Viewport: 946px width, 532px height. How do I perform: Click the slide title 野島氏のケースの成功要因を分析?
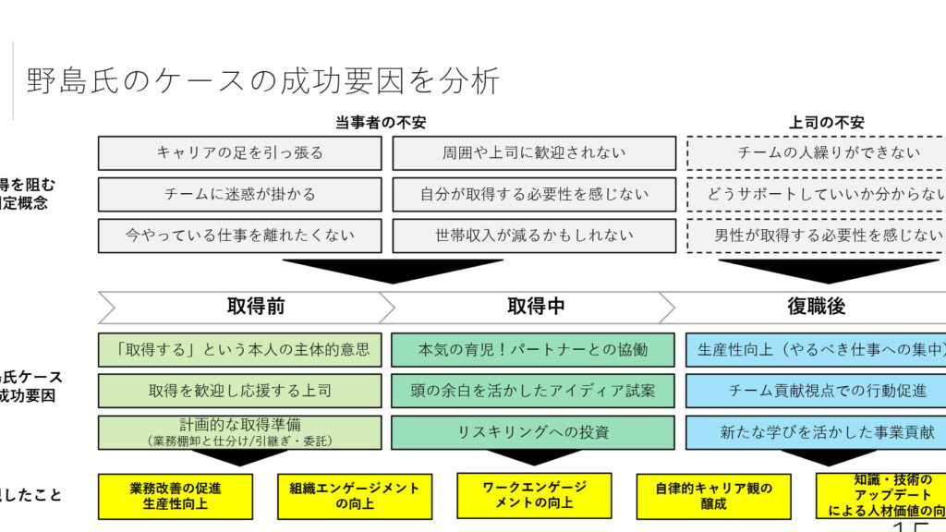(262, 81)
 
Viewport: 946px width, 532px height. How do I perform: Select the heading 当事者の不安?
(381, 123)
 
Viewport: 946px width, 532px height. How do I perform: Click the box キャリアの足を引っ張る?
(239, 153)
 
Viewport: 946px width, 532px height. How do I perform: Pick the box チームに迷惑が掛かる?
(239, 194)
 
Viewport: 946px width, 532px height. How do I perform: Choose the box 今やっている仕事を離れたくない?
(239, 236)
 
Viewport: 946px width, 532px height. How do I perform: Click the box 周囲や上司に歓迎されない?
(534, 153)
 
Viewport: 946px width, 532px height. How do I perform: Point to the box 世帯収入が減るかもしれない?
(534, 236)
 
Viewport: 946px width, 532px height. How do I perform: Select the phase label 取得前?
(256, 307)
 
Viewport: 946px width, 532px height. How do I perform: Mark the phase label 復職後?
(816, 307)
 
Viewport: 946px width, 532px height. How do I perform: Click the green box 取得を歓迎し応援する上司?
(239, 391)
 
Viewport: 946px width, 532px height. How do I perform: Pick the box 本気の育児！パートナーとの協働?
(534, 350)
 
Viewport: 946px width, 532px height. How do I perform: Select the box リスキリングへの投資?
(534, 432)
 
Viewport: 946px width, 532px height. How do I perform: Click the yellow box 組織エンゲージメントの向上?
(354, 496)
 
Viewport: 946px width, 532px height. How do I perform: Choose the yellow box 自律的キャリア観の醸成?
(713, 496)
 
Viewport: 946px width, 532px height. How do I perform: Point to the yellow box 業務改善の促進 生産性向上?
(176, 496)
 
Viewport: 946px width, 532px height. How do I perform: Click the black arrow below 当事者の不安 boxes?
(393, 270)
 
